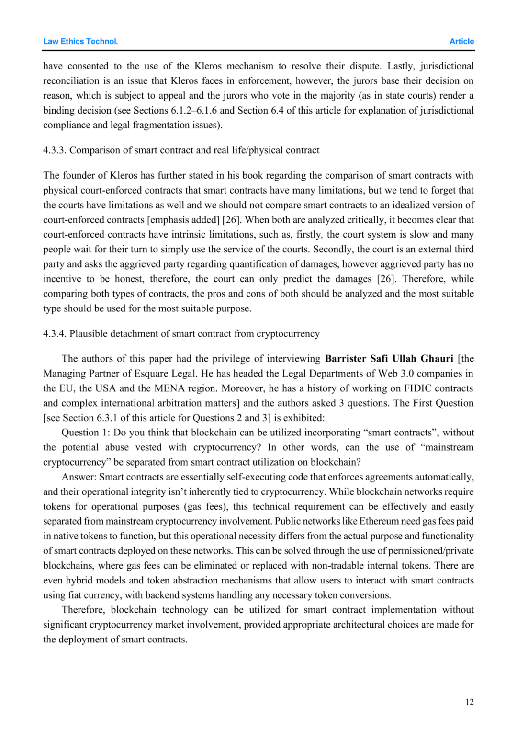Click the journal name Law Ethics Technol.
pyautogui.click(x=80, y=42)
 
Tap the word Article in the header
pyautogui.click(x=461, y=42)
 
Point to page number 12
pyautogui.click(x=469, y=702)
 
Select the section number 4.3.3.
pyautogui.click(x=54, y=150)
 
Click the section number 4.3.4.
pyautogui.click(x=54, y=334)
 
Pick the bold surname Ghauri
pyautogui.click(x=437, y=359)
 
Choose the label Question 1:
pyautogui.click(x=86, y=433)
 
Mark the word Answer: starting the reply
pyautogui.click(x=79, y=477)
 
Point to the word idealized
pyautogui.click(x=414, y=205)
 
